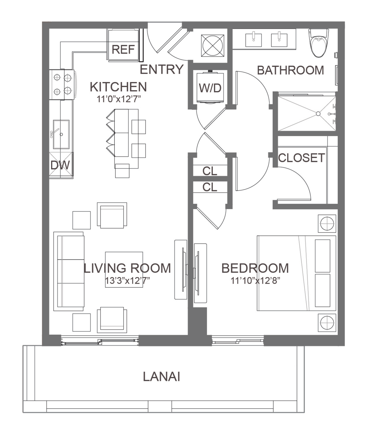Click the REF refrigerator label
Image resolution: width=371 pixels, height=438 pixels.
point(123,50)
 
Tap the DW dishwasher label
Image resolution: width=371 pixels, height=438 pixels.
point(60,165)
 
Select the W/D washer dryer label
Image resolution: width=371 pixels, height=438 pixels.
point(210,88)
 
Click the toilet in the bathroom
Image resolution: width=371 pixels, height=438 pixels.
point(319,43)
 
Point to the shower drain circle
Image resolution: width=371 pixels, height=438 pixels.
point(318,114)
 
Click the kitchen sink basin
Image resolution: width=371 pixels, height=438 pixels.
point(61,134)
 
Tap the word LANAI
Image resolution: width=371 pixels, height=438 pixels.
point(162,377)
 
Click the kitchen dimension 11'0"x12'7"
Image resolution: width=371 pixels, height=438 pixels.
point(119,99)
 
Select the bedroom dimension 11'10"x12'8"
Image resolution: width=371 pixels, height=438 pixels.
point(255,281)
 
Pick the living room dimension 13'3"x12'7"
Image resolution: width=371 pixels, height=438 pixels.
point(127,281)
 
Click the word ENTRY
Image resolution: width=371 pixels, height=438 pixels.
point(162,69)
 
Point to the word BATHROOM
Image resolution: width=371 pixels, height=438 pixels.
point(290,70)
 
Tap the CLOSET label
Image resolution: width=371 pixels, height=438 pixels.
point(301,158)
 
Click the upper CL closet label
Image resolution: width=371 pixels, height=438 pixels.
point(210,171)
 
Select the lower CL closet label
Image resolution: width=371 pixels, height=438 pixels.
point(210,187)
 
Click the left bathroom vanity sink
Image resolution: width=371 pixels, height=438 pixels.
point(253,40)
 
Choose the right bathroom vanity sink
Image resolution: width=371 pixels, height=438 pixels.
point(279,40)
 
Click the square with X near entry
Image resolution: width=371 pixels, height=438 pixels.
point(212,46)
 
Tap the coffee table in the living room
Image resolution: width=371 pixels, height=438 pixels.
point(124,269)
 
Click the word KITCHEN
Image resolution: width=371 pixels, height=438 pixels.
point(118,87)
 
